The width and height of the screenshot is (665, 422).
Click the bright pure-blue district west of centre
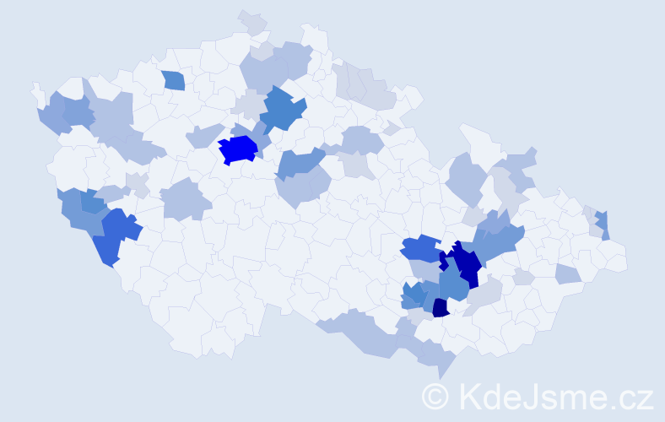[x=238, y=149]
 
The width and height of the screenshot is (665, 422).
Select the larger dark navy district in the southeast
[x=462, y=264]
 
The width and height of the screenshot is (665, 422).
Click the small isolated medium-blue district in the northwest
[x=173, y=80]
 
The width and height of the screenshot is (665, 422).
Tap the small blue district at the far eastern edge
[x=603, y=225]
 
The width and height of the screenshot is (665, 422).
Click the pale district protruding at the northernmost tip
[x=251, y=20]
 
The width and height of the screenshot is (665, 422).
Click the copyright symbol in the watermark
[x=435, y=396]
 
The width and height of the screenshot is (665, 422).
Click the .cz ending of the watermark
[x=634, y=396]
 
